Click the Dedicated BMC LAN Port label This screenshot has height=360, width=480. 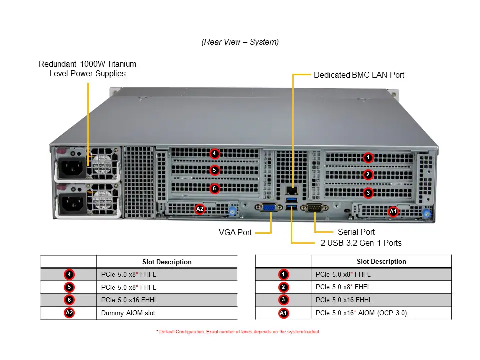359,75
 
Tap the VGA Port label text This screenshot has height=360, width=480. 235,232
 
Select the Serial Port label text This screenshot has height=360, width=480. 356,232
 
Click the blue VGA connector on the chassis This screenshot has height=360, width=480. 269,208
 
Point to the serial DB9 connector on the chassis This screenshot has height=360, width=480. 314,208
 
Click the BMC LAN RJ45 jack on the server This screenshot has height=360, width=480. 292,190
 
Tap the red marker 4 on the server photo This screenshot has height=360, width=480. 214,153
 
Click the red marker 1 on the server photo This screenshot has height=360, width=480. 368,158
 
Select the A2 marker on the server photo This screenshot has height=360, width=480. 200,209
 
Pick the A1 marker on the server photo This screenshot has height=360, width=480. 393,211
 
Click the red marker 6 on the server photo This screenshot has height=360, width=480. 214,188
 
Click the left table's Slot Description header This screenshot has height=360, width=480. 167,262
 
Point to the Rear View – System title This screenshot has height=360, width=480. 240,42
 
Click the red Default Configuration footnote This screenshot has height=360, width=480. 238,332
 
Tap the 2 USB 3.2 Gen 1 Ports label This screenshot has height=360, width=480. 361,243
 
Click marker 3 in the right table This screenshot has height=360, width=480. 283,300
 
